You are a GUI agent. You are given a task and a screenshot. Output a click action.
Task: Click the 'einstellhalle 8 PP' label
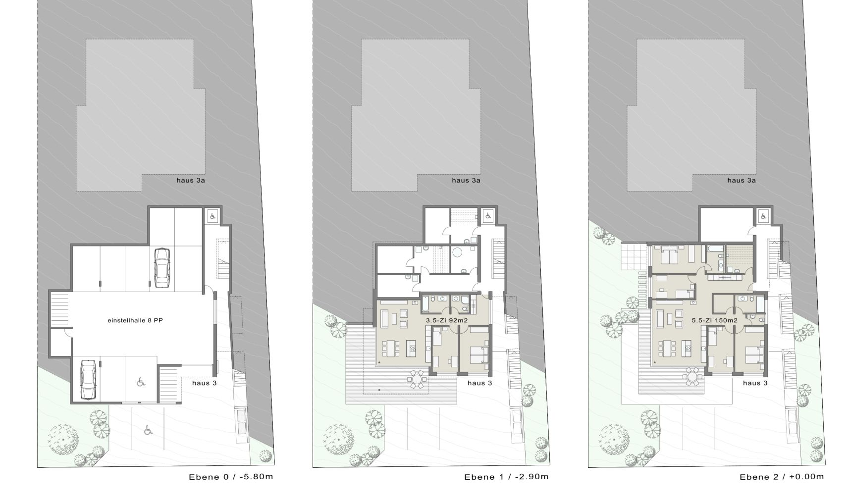click(x=135, y=320)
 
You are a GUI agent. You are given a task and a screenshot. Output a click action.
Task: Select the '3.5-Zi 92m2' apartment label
click(x=447, y=320)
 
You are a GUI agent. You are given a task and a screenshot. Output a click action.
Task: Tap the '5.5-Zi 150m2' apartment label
click(x=714, y=320)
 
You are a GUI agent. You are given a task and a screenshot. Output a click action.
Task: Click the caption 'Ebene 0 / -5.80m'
click(x=231, y=477)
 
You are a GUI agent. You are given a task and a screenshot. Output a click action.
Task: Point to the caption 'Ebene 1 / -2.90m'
click(x=506, y=477)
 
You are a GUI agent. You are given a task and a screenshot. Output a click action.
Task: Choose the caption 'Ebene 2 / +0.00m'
click(x=782, y=477)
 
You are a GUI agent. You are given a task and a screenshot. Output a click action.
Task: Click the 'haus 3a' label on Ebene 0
click(x=191, y=180)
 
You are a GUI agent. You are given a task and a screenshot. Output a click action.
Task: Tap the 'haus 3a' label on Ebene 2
click(x=742, y=180)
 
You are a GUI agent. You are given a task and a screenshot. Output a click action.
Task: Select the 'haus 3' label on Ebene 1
click(x=480, y=383)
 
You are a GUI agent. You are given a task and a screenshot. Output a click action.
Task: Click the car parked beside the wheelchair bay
click(x=88, y=380)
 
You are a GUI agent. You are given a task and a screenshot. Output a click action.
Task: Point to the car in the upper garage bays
click(x=161, y=267)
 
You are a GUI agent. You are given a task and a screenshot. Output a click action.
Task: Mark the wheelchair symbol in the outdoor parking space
click(x=148, y=431)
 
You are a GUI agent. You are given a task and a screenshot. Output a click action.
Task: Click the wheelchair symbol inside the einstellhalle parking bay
click(x=141, y=381)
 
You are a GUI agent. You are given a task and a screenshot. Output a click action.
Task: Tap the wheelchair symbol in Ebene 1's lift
click(x=487, y=216)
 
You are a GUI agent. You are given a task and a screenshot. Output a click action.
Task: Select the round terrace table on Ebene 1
click(x=416, y=380)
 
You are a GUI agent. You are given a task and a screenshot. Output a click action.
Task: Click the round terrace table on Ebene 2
click(x=692, y=377)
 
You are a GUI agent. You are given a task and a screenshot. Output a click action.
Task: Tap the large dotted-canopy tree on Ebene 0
click(x=64, y=440)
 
